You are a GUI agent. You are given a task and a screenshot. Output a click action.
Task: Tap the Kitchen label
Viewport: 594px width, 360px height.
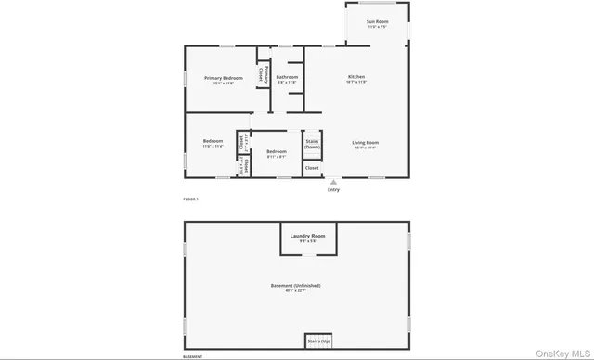coord(356,76)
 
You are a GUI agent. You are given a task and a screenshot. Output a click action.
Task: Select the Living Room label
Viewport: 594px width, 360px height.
coord(366,142)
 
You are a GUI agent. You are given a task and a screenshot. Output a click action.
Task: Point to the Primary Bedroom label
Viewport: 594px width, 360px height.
coord(224,78)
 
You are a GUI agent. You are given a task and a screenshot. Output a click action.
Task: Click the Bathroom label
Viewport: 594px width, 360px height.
coord(287,77)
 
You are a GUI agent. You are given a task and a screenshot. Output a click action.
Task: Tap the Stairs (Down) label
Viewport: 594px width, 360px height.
coord(313,144)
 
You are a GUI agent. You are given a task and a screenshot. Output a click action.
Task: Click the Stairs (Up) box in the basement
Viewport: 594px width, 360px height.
coord(317,341)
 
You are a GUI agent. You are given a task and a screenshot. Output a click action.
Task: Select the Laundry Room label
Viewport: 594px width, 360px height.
coord(307,236)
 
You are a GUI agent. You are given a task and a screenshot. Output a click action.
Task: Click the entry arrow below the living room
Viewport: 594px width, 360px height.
coord(333,182)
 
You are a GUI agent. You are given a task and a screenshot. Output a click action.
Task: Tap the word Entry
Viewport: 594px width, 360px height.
coord(333,190)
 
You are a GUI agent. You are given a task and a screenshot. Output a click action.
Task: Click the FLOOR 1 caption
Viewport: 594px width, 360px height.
coord(190,199)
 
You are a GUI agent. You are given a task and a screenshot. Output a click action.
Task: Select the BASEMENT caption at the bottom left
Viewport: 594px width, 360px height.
coord(192,356)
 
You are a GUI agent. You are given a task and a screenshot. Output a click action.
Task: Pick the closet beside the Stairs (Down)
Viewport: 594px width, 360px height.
coord(312,168)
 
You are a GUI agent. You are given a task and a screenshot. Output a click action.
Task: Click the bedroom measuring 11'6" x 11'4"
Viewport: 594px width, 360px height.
coord(213,143)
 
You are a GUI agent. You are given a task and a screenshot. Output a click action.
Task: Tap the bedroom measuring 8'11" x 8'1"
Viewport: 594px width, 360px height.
coord(276,153)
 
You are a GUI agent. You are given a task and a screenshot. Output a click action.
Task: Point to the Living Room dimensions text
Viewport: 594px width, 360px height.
coord(366,148)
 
